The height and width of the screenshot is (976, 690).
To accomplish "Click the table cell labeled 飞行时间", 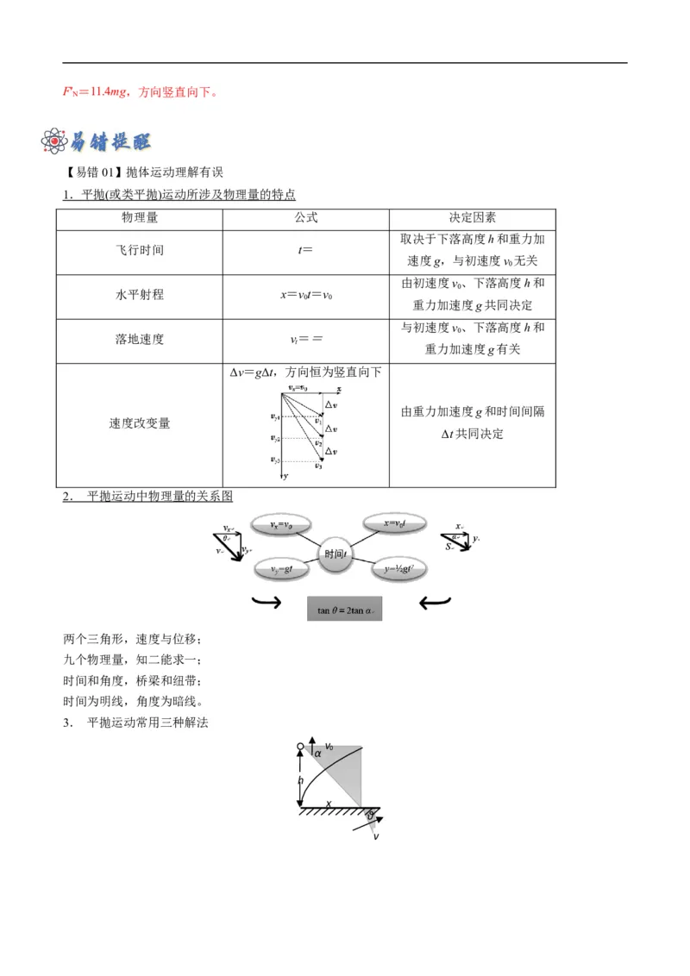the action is (x=139, y=251).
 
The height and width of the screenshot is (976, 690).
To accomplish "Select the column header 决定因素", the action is (x=472, y=218).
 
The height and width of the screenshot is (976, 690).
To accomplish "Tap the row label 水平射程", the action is (x=139, y=295).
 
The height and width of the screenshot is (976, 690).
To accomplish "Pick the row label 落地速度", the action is (x=139, y=339).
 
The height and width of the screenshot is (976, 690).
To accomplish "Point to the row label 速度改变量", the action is (x=139, y=423).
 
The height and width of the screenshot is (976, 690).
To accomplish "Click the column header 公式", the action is (x=306, y=218).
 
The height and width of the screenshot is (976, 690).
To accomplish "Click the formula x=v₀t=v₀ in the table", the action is (x=306, y=295).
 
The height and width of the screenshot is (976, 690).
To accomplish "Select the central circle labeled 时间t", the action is (x=335, y=554).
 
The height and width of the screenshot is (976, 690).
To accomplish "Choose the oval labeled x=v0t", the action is (x=394, y=524).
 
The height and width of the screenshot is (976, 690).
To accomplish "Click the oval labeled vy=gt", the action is (x=285, y=569).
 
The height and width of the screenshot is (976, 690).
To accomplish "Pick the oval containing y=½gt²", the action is (x=398, y=569).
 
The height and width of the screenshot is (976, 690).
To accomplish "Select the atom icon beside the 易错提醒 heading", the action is (x=55, y=141).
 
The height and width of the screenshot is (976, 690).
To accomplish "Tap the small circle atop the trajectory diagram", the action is (x=301, y=747).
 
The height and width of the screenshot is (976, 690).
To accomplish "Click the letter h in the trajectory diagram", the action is (x=301, y=779).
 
